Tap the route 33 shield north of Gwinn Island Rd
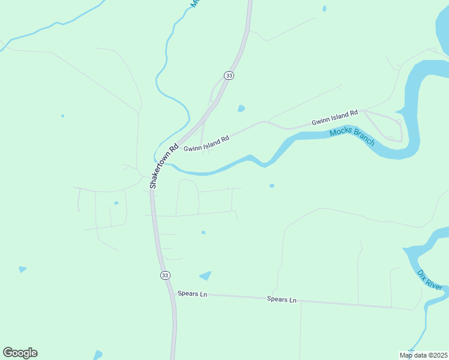[x=228, y=75]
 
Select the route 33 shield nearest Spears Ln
[x=165, y=275]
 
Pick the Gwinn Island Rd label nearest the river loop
[x=334, y=117]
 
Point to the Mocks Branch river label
[x=352, y=137]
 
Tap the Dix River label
[x=430, y=280]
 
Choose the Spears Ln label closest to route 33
[x=192, y=294]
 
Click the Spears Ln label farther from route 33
[x=282, y=299]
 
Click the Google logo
[x=20, y=353]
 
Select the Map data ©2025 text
[x=423, y=355]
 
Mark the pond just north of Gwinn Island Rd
[x=241, y=109]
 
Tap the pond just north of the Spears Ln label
[x=206, y=276]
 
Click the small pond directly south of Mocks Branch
[x=272, y=185]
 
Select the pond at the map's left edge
[x=22, y=269]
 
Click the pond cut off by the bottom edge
[x=98, y=355]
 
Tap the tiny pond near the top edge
[x=324, y=8]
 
